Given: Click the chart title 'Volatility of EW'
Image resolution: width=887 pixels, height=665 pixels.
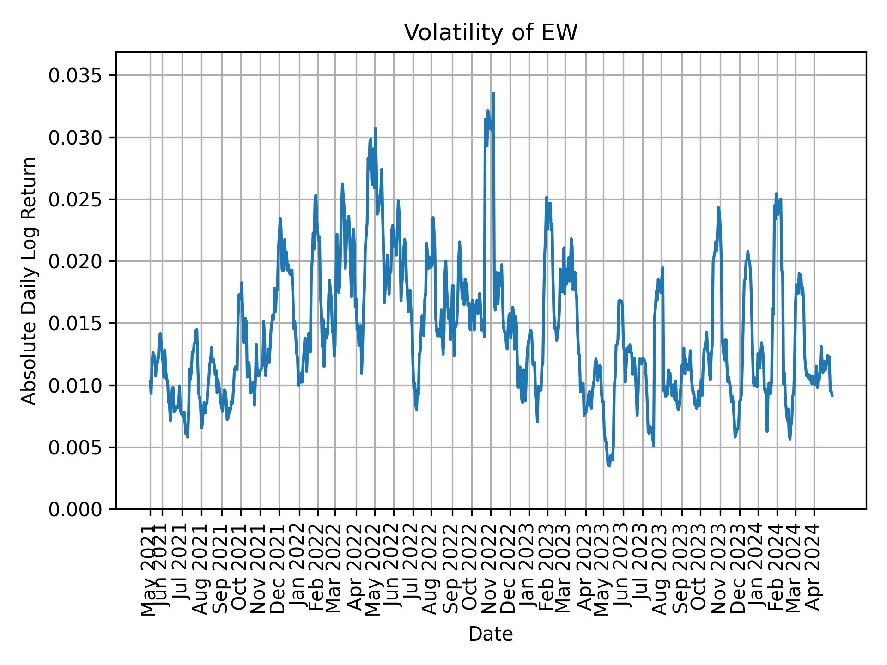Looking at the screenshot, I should pyautogui.click(x=491, y=33).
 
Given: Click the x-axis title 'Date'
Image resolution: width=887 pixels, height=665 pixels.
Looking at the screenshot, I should pyautogui.click(x=491, y=634).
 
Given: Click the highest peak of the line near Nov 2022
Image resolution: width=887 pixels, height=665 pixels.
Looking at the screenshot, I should pyautogui.click(x=493, y=93).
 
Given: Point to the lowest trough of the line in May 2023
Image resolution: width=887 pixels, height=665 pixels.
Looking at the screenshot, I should pyautogui.click(x=609, y=465).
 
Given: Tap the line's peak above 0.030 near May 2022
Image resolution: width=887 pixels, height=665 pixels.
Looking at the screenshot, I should pyautogui.click(x=376, y=129).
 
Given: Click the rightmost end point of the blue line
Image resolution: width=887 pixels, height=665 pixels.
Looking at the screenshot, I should pyautogui.click(x=832, y=396).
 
